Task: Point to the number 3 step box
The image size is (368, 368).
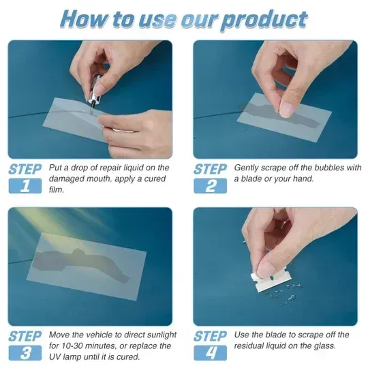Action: click(25, 353)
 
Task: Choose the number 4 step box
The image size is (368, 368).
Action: click(210, 353)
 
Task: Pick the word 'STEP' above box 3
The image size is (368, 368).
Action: click(25, 336)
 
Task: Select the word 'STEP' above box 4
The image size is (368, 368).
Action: click(210, 336)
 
